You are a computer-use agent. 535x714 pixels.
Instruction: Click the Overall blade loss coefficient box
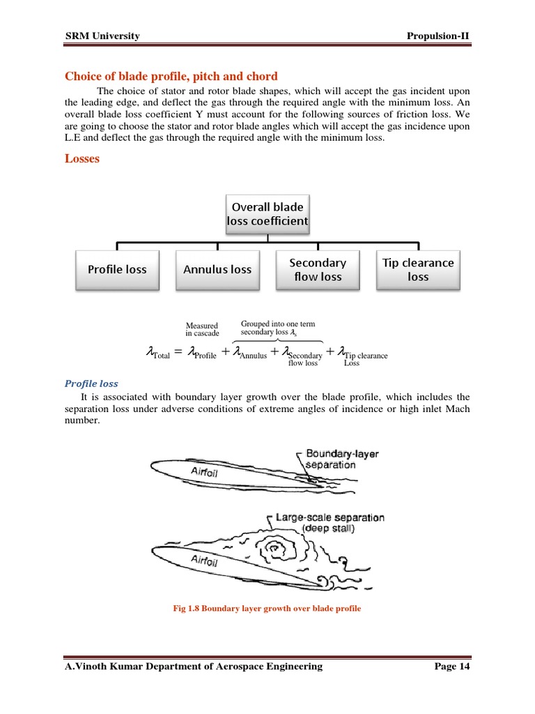267,214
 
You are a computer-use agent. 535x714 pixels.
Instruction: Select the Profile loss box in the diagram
117,270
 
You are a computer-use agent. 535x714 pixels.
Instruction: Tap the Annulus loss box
217,270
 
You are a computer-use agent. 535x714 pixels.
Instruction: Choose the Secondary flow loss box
318,270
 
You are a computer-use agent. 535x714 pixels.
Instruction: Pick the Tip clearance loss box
418,270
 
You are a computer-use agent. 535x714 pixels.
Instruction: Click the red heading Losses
82,158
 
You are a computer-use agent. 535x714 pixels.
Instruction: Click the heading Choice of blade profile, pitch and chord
171,76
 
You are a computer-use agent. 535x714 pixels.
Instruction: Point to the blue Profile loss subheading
91,383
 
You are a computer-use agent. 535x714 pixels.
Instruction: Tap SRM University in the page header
102,36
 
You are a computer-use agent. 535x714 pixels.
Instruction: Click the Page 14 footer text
452,667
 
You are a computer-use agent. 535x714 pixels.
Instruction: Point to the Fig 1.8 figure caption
267,609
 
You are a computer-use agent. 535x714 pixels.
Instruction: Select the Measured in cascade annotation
202,329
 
